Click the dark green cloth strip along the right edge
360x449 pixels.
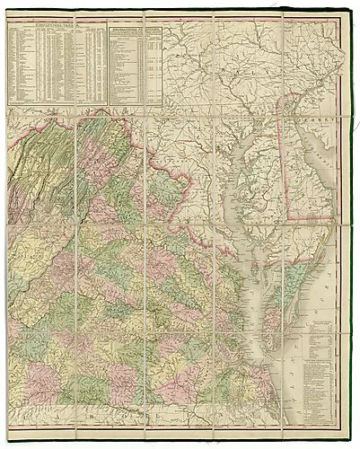tap(353, 224)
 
